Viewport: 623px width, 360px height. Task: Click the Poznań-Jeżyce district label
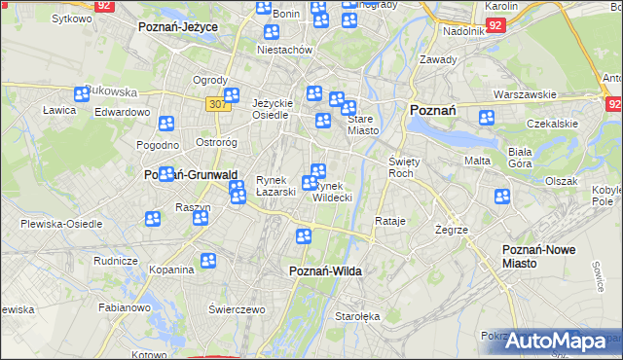pyautogui.click(x=177, y=26)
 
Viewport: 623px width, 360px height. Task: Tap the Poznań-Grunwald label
pyautogui.click(x=191, y=174)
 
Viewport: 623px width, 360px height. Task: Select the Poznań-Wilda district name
pyautogui.click(x=325, y=271)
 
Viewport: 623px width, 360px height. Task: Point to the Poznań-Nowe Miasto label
pyautogui.click(x=537, y=257)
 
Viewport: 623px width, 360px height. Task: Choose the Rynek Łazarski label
pyautogui.click(x=275, y=186)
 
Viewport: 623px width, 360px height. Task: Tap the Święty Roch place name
pyautogui.click(x=403, y=166)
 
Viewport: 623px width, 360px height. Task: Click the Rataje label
pyautogui.click(x=389, y=221)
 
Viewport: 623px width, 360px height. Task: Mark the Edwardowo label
pyautogui.click(x=122, y=112)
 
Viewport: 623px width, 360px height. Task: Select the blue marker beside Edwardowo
pyautogui.click(x=166, y=123)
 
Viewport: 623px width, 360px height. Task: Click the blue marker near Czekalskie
pyautogui.click(x=486, y=118)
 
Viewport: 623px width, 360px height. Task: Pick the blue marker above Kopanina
pyautogui.click(x=207, y=260)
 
